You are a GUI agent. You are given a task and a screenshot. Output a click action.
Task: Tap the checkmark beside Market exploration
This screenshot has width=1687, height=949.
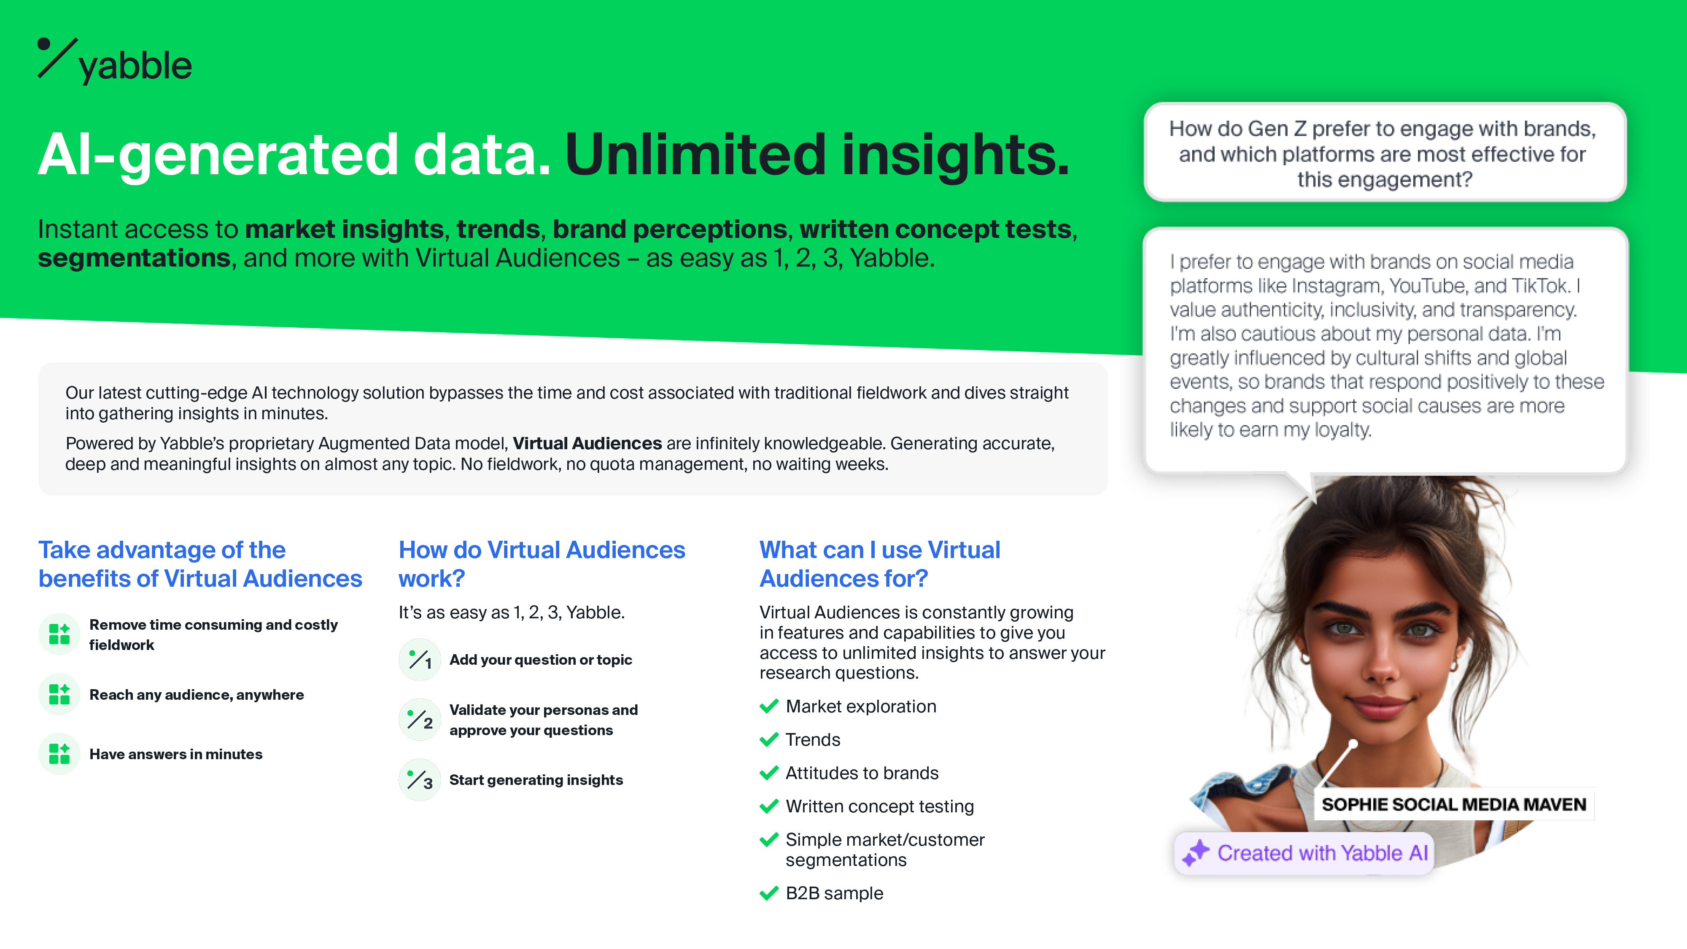click(x=769, y=706)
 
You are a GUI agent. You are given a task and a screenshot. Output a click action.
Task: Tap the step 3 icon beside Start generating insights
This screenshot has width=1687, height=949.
click(x=420, y=779)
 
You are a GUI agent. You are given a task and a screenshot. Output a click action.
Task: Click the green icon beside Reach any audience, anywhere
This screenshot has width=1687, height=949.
click(x=59, y=694)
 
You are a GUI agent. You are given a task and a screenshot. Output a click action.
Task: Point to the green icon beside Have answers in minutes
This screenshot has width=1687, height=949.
click(x=59, y=754)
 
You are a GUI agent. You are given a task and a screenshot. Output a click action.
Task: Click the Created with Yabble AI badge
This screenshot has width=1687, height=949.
click(x=1304, y=853)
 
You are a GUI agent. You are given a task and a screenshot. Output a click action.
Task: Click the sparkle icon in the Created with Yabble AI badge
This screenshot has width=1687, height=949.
click(x=1196, y=853)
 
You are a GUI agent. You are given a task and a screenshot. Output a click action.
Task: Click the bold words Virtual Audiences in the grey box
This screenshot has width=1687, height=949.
click(x=587, y=443)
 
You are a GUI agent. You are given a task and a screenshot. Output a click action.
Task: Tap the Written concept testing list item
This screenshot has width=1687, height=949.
click(x=879, y=806)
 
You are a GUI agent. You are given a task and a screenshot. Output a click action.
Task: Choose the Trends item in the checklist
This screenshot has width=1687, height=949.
click(x=813, y=739)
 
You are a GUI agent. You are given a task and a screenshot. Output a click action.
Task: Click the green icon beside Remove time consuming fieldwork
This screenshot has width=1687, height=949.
click(x=59, y=634)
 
